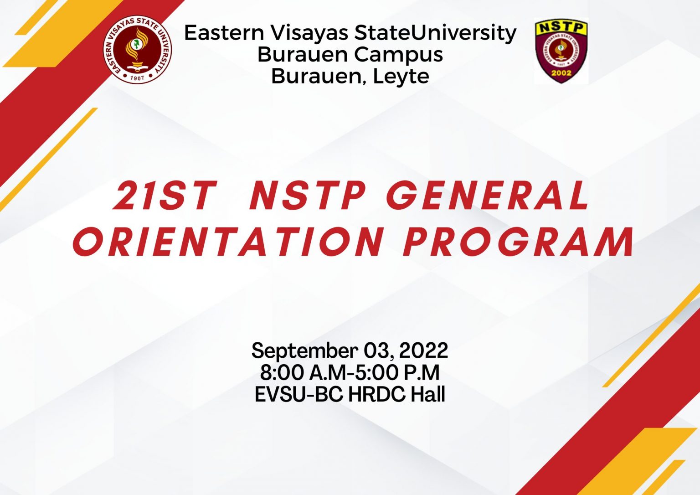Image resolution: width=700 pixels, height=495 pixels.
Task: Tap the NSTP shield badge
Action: point(561,51)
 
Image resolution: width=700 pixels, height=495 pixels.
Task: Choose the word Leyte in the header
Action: point(401,76)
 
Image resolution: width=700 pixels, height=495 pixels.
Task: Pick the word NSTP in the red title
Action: point(308,196)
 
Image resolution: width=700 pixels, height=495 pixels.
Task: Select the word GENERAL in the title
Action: point(487,196)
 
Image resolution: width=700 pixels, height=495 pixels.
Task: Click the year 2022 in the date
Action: point(423,351)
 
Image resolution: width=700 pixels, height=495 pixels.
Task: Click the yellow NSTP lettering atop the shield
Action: point(561,27)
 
